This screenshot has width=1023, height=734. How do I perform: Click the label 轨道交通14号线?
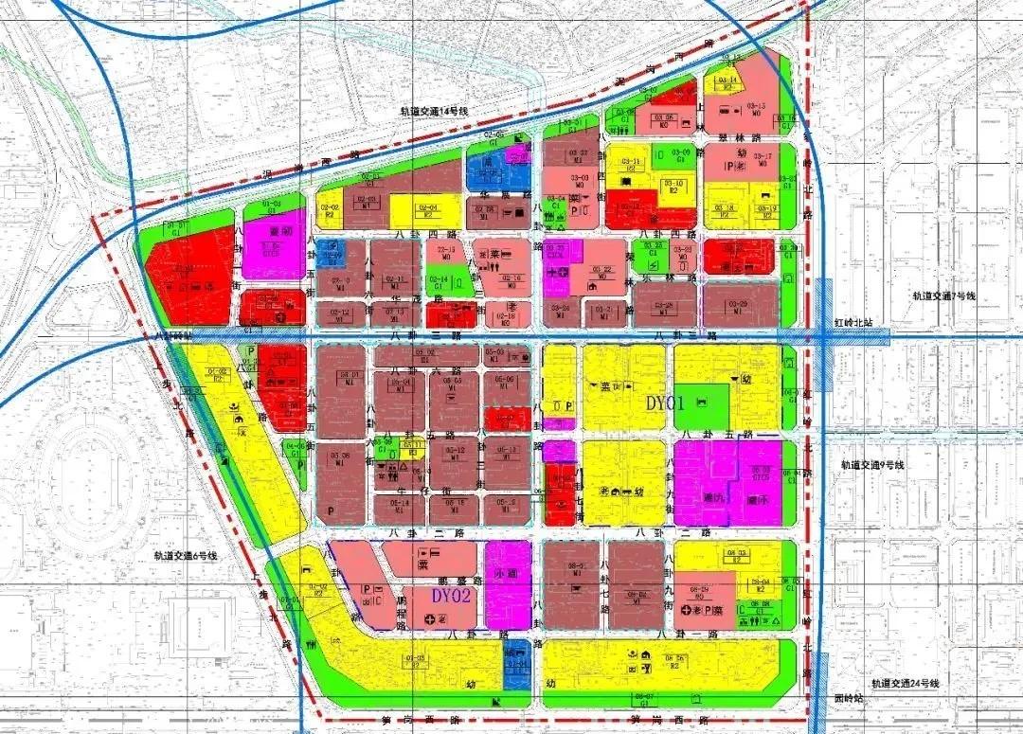pyautogui.click(x=436, y=112)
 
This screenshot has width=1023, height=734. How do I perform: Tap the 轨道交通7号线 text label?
pyautogui.click(x=942, y=296)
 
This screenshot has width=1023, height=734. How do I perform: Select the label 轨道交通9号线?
pyautogui.click(x=872, y=465)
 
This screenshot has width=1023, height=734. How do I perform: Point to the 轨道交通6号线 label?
pyautogui.click(x=185, y=556)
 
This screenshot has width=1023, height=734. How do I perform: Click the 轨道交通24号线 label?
pyautogui.click(x=906, y=683)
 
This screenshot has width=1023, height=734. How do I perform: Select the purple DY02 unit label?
pyautogui.click(x=451, y=597)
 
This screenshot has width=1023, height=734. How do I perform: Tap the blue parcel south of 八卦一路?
pyautogui.click(x=516, y=663)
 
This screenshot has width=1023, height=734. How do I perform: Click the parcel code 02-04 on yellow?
pyautogui.click(x=428, y=207)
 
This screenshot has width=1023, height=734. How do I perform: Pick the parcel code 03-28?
pyautogui.click(x=665, y=304)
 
